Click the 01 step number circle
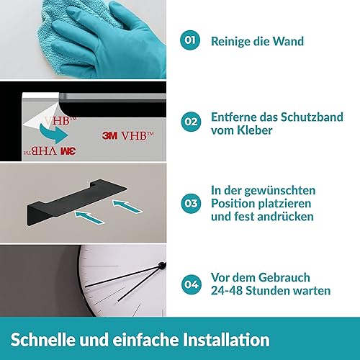190,40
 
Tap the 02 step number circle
191,122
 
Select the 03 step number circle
191,204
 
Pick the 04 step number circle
191,284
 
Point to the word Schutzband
312,117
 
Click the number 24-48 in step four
227,291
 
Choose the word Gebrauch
284,278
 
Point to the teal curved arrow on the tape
53,133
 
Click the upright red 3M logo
109,136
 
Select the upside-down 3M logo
68,151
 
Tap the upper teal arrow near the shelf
127,207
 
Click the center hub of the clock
163,265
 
